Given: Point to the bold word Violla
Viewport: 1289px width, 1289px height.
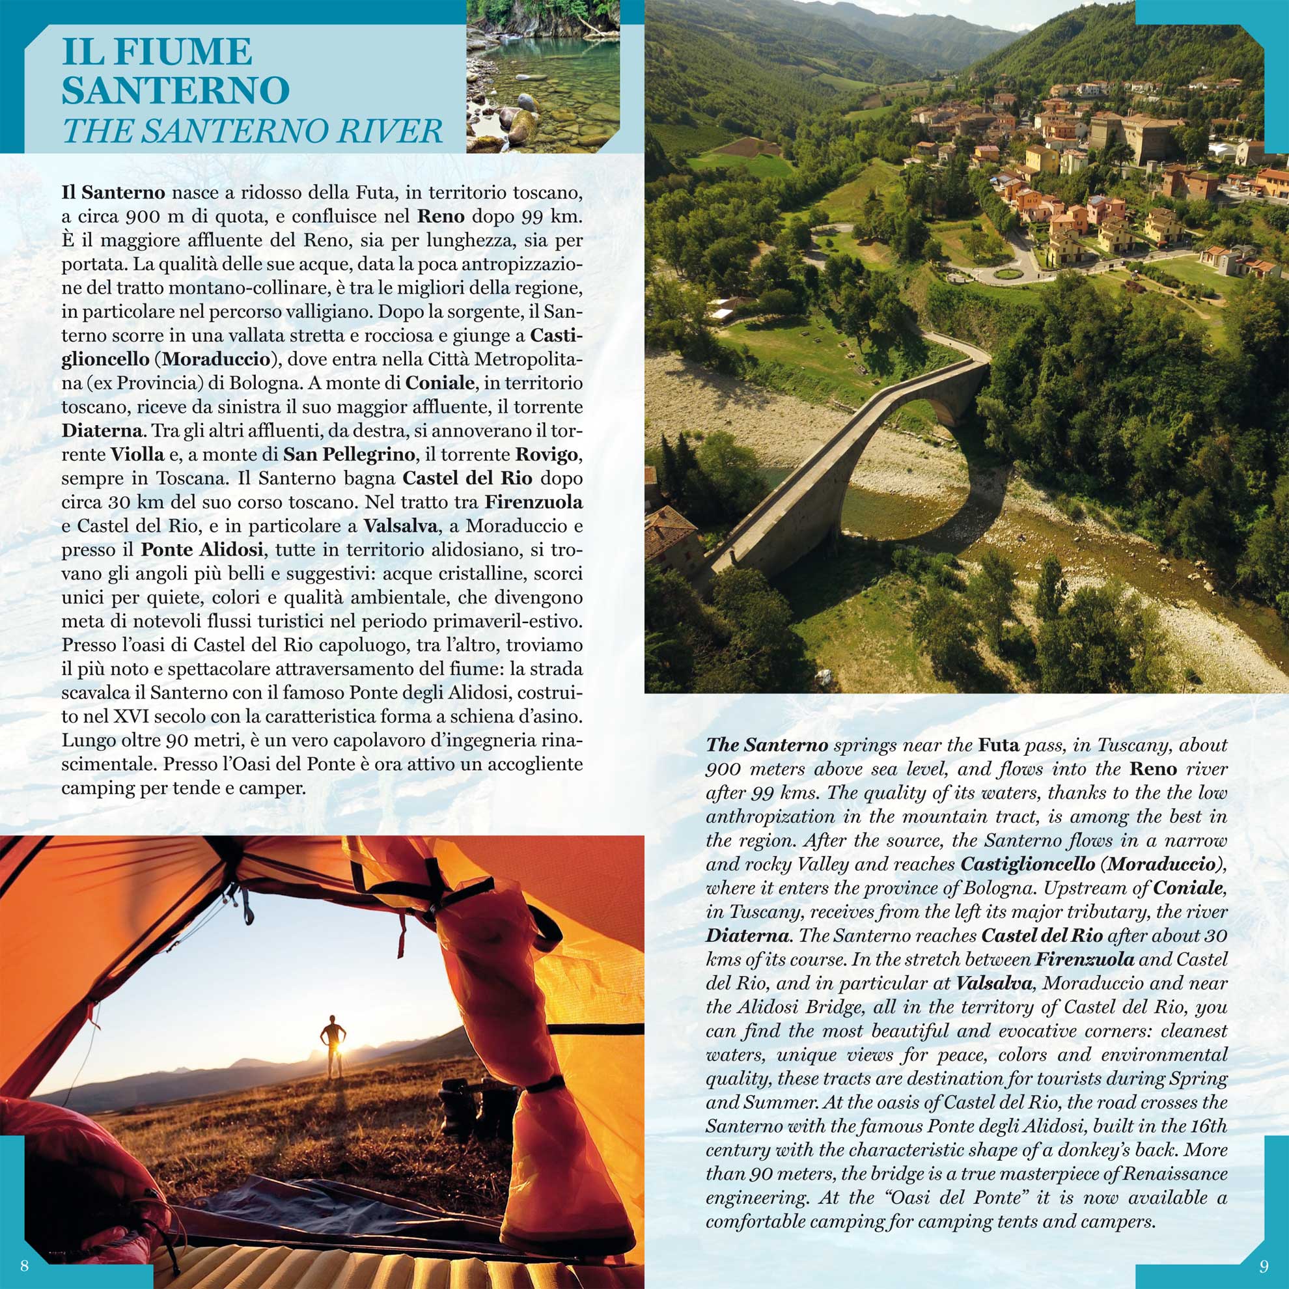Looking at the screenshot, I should (x=137, y=454).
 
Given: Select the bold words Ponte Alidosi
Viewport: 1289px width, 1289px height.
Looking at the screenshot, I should (x=202, y=549).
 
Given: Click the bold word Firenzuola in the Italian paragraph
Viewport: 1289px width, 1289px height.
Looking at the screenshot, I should (x=534, y=502).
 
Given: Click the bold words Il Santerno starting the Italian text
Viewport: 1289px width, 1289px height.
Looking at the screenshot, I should (x=113, y=193).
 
